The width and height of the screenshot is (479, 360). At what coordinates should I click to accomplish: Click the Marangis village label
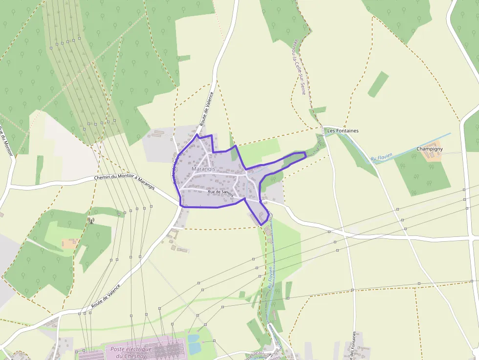click(x=203, y=169)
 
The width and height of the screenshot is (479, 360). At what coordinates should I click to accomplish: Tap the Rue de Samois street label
click(x=221, y=193)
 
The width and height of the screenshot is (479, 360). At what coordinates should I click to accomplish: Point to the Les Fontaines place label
click(x=343, y=131)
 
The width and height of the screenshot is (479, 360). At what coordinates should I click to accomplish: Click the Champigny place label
click(x=430, y=148)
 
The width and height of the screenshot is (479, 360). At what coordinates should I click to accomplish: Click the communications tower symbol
click(x=91, y=220)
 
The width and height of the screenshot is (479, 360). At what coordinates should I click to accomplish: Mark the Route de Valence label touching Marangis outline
click(x=175, y=169)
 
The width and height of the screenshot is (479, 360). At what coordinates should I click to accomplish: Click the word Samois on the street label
click(x=227, y=194)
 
